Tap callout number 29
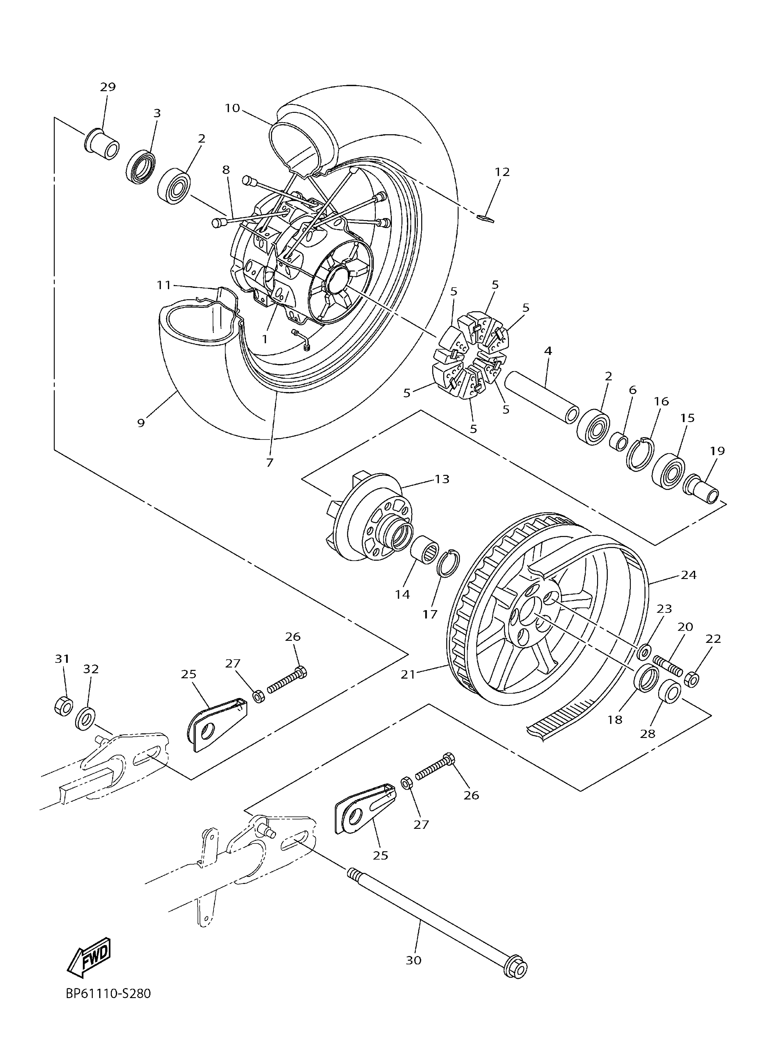pyautogui.click(x=107, y=87)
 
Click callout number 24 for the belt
pyautogui.click(x=688, y=575)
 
